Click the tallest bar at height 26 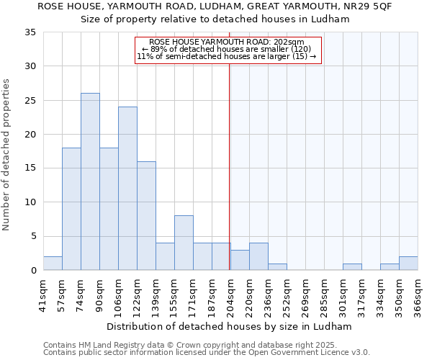click(x=90, y=181)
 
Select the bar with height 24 click(x=127, y=189)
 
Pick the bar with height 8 click(x=184, y=243)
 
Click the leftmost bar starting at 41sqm click(x=53, y=264)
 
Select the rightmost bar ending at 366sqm click(x=408, y=264)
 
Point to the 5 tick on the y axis click(x=33, y=236)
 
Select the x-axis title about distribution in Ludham click(x=229, y=326)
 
